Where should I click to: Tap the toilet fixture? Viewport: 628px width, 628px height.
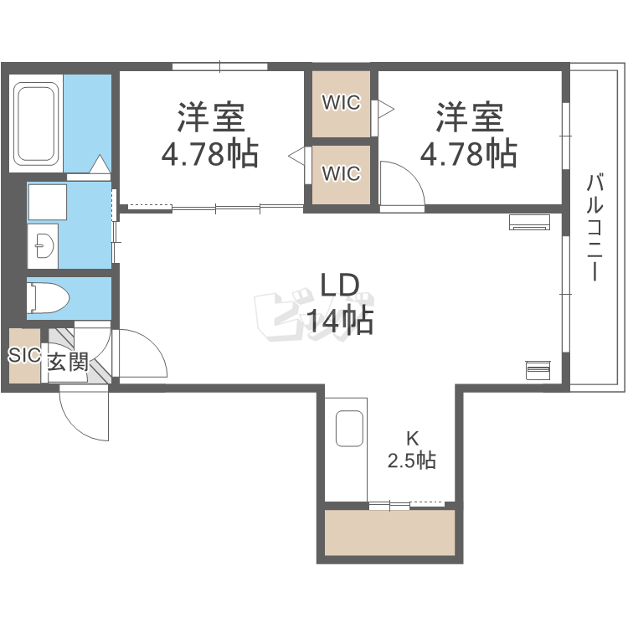click(48, 298)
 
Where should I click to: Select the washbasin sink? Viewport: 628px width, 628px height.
click(44, 245)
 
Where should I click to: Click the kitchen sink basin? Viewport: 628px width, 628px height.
click(349, 428)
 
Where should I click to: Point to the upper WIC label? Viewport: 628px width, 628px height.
click(342, 102)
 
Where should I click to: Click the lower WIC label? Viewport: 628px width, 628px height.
click(342, 173)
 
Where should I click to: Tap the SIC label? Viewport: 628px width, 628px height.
click(24, 355)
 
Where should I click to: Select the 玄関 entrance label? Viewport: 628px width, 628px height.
click(68, 363)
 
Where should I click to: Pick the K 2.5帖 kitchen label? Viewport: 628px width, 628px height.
click(412, 450)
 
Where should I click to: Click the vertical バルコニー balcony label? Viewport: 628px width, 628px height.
click(595, 227)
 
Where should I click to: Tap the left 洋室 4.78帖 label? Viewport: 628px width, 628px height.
click(210, 135)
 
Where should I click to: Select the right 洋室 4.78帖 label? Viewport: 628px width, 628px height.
click(469, 135)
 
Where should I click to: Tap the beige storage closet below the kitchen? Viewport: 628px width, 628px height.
click(389, 533)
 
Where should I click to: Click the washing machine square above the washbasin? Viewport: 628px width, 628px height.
click(48, 202)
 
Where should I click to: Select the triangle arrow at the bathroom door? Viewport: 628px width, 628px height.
click(100, 164)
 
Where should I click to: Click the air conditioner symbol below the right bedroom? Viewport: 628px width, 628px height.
click(529, 222)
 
